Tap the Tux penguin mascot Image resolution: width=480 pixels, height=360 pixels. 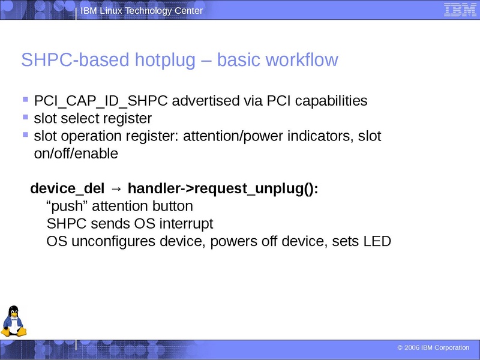[x=13, y=320]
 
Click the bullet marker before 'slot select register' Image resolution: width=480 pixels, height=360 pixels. [x=25, y=117]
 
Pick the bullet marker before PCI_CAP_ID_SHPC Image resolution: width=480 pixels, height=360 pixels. [x=25, y=100]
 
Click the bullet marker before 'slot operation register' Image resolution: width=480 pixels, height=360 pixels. [x=25, y=135]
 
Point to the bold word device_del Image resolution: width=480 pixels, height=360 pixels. [x=67, y=189]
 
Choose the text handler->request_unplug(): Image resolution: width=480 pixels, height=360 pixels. [x=223, y=189]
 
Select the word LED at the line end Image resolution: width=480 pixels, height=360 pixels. [x=377, y=242]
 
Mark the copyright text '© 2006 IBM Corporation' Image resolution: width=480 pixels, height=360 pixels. [x=433, y=348]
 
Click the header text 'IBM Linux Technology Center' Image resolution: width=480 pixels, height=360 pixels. [x=142, y=11]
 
